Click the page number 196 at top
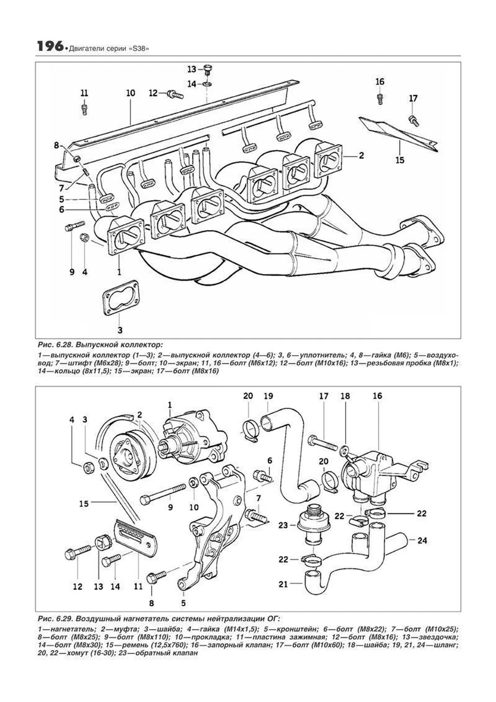pos(50,47)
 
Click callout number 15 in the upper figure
pos(399,160)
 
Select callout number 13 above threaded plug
pos(192,69)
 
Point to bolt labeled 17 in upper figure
pos(413,120)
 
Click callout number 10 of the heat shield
pos(131,93)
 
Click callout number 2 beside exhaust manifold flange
pos(361,155)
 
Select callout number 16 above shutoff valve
pos(377,396)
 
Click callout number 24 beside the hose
pos(422,540)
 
